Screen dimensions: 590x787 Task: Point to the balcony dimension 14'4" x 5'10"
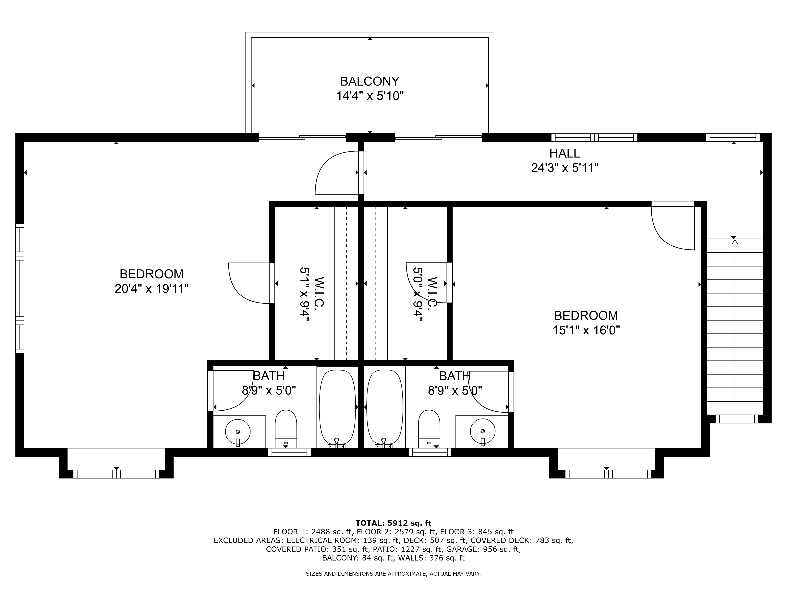click(x=370, y=96)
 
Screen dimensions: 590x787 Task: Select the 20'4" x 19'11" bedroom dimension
click(x=151, y=289)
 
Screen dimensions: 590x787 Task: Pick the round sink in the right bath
click(x=482, y=431)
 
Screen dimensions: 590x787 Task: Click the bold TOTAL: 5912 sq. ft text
click(x=393, y=523)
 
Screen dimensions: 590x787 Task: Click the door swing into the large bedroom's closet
click(x=249, y=283)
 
